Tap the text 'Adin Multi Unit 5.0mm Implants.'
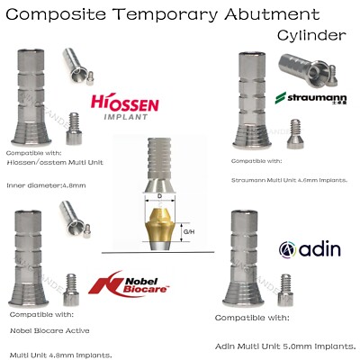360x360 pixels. (x=287, y=346)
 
